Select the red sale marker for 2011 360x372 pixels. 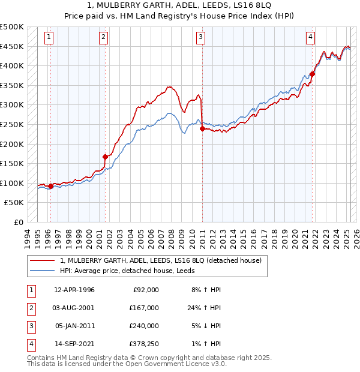(202, 128)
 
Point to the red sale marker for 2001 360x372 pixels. (106, 157)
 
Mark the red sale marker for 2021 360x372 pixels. (312, 74)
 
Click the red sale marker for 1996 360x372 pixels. (51, 186)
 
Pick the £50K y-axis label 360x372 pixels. (14, 203)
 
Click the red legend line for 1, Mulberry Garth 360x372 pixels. (41, 261)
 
